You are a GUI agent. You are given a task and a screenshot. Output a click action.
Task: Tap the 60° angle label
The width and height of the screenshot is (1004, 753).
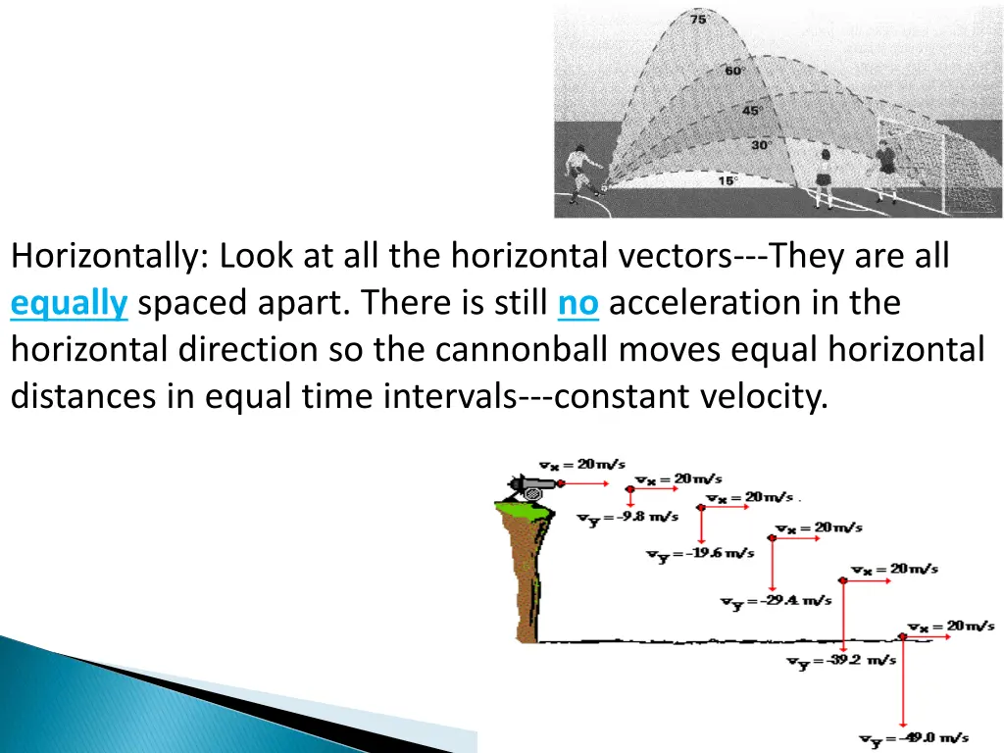pos(734,71)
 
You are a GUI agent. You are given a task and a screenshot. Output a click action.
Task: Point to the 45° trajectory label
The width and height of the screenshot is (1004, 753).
pos(751,111)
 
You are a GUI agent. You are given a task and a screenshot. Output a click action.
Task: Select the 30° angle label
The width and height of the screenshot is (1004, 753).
pos(760,145)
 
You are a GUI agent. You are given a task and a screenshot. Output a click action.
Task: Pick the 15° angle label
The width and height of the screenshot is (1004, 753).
pos(727,180)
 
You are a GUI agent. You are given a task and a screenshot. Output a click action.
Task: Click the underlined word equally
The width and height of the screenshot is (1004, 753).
pos(69,304)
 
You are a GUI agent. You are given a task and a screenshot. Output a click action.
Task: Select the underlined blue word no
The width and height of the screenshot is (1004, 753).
pos(577,304)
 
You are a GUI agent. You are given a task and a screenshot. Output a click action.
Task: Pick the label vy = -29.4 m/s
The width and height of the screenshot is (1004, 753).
pos(777,601)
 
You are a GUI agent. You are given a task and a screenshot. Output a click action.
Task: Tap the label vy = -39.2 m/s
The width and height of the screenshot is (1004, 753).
pos(840,661)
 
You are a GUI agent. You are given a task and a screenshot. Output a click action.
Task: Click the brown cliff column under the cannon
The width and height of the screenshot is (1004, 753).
pos(527,578)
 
